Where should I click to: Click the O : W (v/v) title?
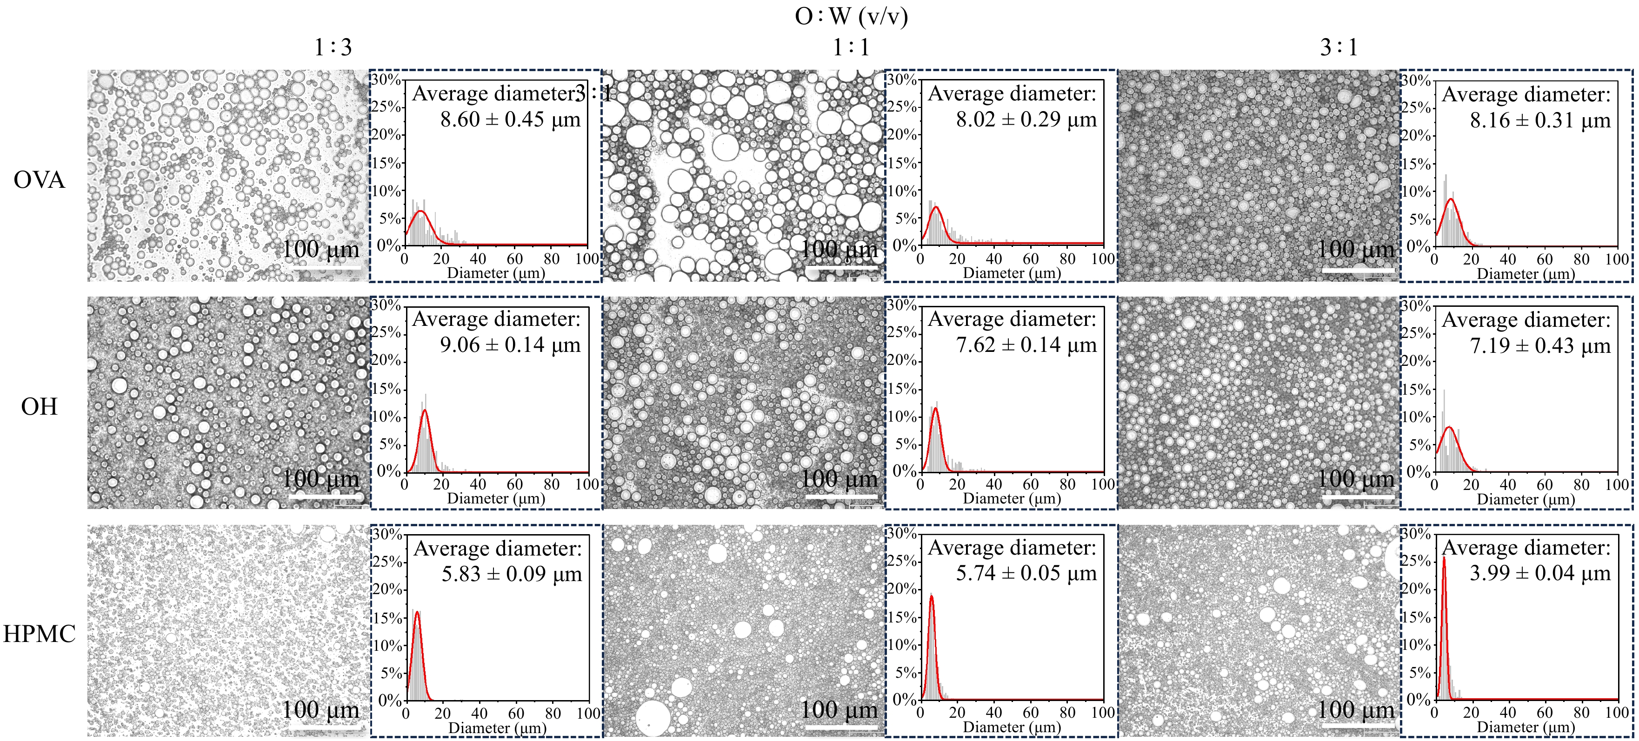pos(851,15)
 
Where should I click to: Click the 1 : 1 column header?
pos(851,47)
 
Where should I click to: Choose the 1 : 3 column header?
pos(333,47)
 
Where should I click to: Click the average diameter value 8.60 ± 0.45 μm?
pos(510,119)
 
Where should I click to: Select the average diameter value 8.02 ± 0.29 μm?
pos(1026,119)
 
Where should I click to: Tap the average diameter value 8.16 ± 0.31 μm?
pos(1540,120)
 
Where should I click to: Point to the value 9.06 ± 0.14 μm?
pos(510,345)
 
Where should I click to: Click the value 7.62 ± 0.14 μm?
pos(1026,345)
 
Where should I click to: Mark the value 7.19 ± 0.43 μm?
pos(1540,346)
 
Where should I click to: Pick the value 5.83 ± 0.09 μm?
pos(512,574)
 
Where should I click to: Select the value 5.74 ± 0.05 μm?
pos(1026,573)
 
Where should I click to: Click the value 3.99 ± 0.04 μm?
pos(1540,573)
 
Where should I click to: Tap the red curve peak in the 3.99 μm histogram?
pos(1444,558)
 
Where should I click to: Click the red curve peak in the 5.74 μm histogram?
pos(932,596)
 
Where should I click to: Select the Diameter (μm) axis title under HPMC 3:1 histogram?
pos(1526,727)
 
